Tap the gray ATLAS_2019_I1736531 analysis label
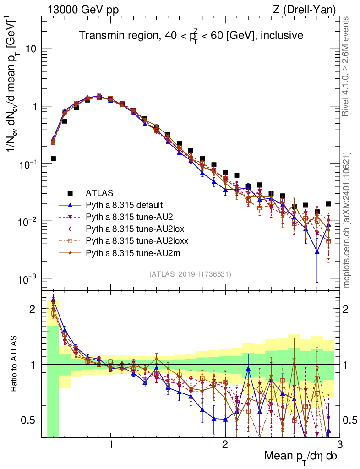click(x=190, y=274)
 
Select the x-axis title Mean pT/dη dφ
click(x=301, y=456)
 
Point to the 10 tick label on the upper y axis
click(x=31, y=49)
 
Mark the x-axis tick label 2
click(x=225, y=445)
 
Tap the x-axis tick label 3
click(x=339, y=445)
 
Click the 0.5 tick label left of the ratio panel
click(x=28, y=420)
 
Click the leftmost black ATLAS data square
click(x=53, y=159)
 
